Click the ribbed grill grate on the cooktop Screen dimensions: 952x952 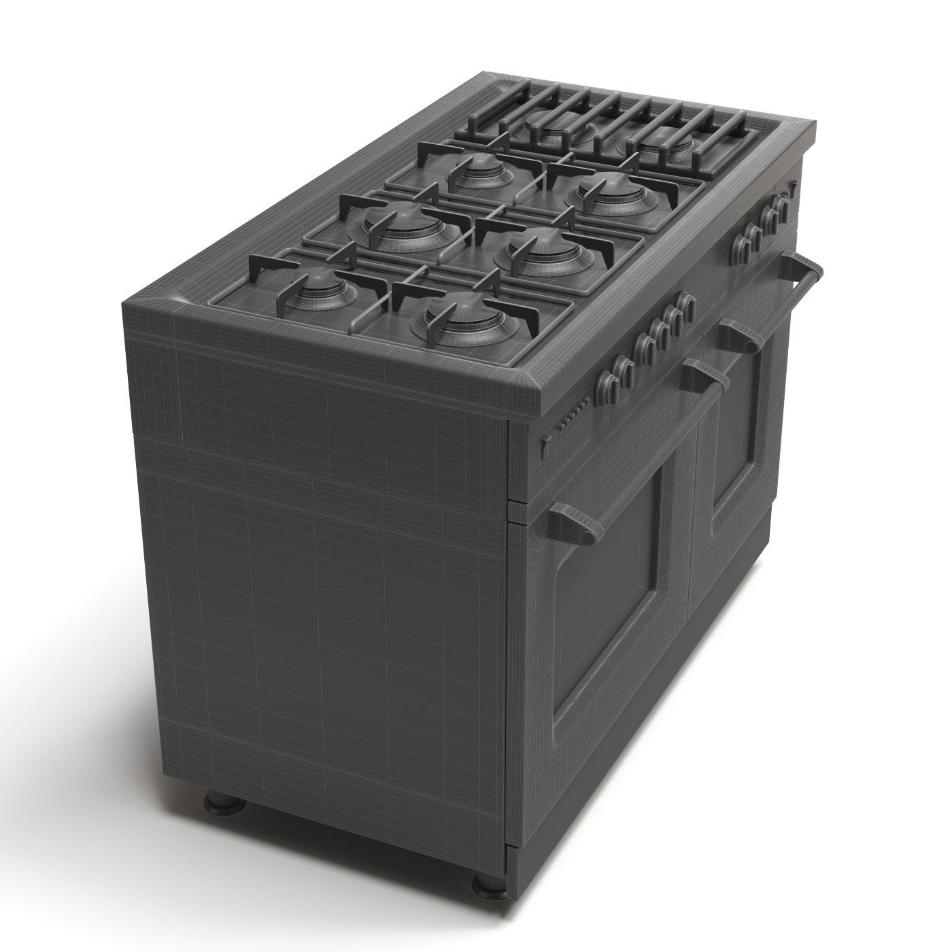pos(605,126)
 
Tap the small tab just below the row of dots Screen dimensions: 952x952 pos(544,445)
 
